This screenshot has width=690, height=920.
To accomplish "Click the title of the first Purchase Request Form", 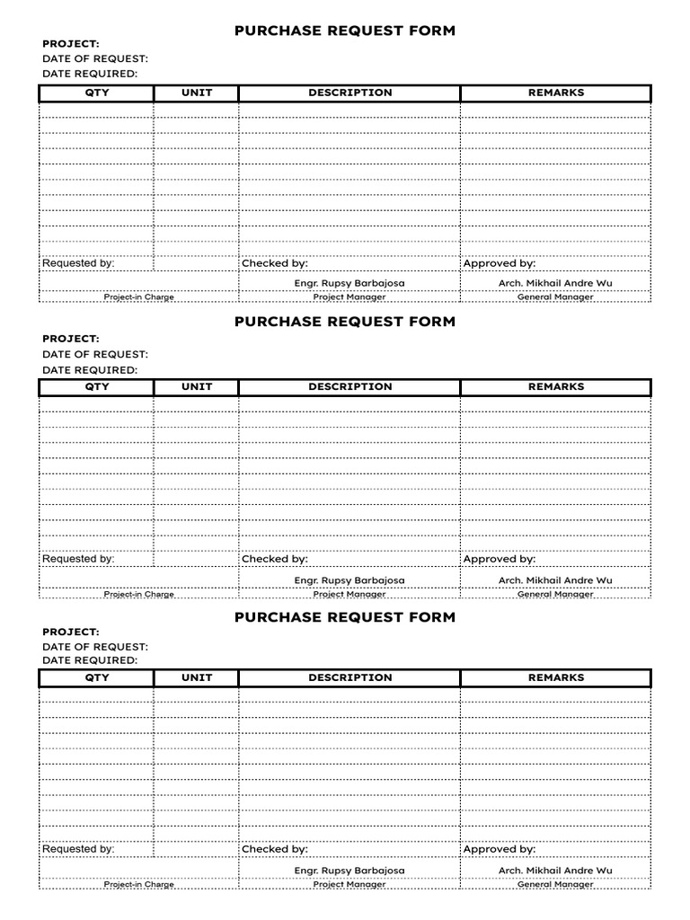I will coord(344,31).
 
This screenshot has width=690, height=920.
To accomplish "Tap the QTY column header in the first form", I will coord(96,93).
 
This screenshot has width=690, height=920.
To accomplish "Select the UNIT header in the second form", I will coord(197,386).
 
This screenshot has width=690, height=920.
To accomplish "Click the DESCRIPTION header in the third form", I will coord(349,677).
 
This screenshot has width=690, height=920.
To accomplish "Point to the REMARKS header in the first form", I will coord(555,93).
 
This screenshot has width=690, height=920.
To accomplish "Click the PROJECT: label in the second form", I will coord(70,339).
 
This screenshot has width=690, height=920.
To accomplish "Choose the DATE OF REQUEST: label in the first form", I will coord(94,58).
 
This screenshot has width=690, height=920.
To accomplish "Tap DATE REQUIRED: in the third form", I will coord(90,660).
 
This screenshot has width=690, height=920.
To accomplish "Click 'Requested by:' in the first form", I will coord(78,263).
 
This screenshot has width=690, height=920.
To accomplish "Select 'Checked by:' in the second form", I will coord(274,559).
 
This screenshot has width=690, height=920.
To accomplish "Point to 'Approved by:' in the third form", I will coord(499,849).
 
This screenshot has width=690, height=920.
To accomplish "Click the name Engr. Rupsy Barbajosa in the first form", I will coord(349,283).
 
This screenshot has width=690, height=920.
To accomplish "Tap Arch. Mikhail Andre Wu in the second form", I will coord(555,580).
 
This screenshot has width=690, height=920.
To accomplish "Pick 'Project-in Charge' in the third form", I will coord(138,884).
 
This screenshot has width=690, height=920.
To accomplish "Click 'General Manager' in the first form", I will coord(555,297).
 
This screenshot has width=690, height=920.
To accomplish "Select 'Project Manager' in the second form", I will coord(349,594).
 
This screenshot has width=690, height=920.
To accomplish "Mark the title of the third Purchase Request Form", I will coord(344,617).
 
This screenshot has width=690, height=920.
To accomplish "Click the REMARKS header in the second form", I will coord(555,386).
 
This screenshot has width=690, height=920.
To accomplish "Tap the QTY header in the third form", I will coord(96,677).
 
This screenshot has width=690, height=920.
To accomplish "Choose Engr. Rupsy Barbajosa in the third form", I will coord(349,871).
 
